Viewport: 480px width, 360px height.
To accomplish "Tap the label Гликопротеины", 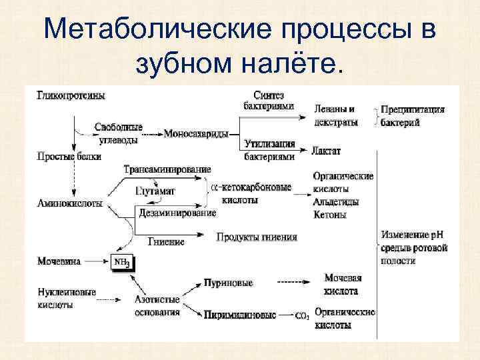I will click(x=71, y=95).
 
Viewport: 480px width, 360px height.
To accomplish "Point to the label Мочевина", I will click(x=59, y=261).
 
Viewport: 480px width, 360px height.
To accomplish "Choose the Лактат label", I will click(x=326, y=151).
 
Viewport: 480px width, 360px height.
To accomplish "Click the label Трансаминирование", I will click(x=167, y=169).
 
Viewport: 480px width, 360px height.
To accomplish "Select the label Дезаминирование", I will click(x=177, y=213).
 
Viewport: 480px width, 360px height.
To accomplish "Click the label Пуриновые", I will click(x=229, y=283).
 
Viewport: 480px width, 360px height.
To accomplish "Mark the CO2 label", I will click(x=301, y=315).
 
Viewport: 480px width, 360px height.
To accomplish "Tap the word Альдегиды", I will click(x=337, y=201).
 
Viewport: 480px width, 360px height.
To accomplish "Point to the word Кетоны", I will click(x=329, y=215).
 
